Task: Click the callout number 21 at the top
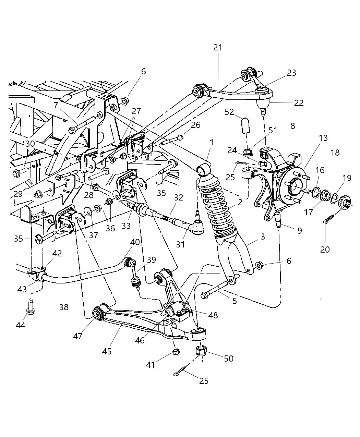point(218,48)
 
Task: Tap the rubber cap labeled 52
point(244,125)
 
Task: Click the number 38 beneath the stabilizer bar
point(64,307)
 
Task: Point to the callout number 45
point(107,351)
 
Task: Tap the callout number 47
point(78,336)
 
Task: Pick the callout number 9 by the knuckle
point(300,231)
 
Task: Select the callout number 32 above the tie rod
point(179,197)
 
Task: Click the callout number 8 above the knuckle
point(292,126)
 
